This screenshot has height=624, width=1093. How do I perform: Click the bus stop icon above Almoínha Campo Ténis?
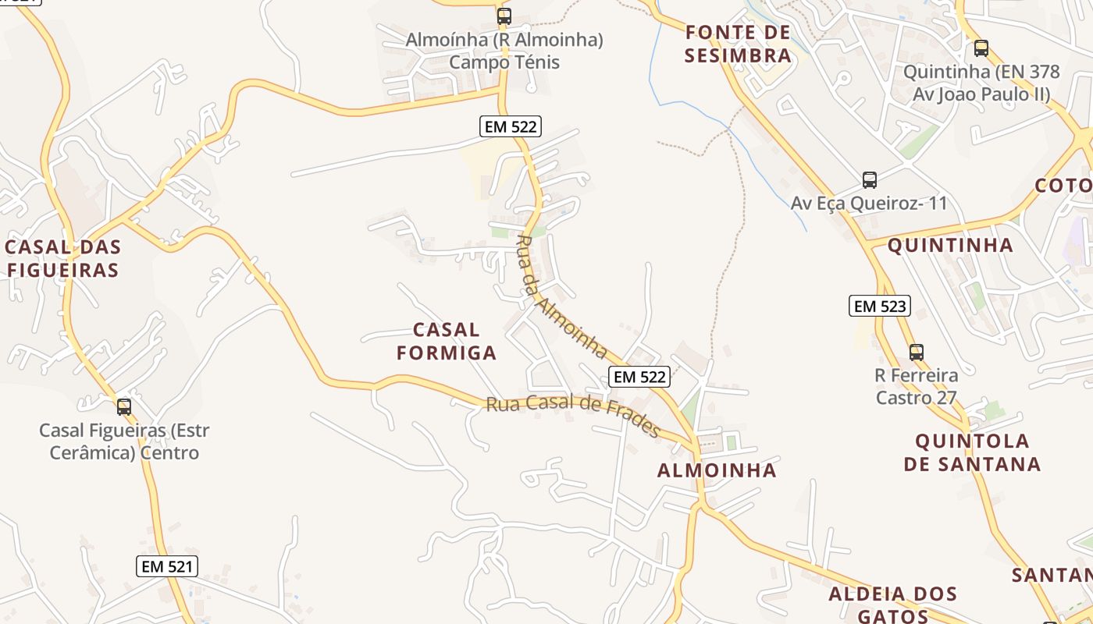click(504, 16)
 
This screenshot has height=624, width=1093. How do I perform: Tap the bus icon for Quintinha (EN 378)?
click(981, 48)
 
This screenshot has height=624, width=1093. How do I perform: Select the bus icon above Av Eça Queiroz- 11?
click(870, 180)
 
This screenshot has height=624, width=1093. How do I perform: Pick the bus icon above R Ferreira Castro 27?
click(917, 352)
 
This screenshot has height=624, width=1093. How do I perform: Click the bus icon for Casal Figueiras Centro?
click(124, 406)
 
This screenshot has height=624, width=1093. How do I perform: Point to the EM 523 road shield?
click(881, 306)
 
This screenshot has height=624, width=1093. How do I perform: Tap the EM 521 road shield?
click(167, 566)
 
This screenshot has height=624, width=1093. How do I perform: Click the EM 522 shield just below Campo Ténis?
click(510, 126)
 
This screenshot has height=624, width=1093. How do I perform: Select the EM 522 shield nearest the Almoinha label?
click(639, 377)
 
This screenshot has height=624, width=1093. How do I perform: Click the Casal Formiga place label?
click(447, 341)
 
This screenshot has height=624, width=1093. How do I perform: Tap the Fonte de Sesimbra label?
click(738, 44)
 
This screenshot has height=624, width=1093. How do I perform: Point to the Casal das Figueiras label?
click(62, 259)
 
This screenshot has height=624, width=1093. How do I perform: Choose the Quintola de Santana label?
click(972, 452)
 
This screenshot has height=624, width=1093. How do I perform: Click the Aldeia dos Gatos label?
click(893, 604)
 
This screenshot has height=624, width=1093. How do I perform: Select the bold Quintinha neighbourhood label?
click(950, 245)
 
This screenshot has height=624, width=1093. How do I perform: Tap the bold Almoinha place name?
click(717, 470)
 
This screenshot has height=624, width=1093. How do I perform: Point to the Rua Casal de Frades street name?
click(573, 416)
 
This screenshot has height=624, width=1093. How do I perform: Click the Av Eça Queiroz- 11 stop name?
click(869, 204)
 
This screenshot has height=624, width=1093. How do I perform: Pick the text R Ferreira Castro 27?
click(917, 386)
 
